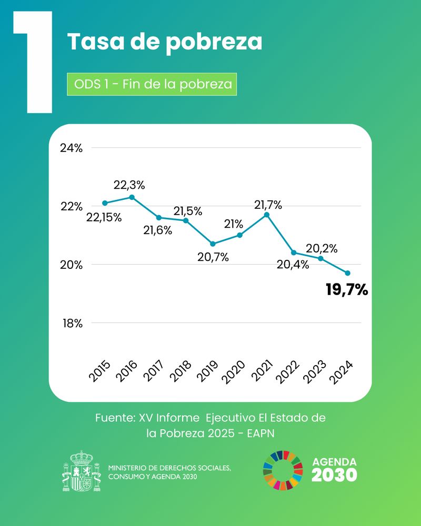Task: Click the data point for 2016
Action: click(x=132, y=197)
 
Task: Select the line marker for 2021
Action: click(x=267, y=215)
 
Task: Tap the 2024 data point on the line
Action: click(x=348, y=273)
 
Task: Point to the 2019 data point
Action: click(x=213, y=244)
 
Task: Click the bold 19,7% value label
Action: click(x=347, y=289)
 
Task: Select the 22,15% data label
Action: click(x=104, y=217)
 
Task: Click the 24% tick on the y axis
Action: click(x=71, y=148)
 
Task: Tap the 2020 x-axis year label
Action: click(x=234, y=372)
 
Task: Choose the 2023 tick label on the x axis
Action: click(x=315, y=372)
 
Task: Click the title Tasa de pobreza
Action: click(x=165, y=42)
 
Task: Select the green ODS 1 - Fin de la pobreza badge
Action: click(x=152, y=84)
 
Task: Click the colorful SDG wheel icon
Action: click(x=283, y=470)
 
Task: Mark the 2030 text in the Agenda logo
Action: click(x=334, y=475)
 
